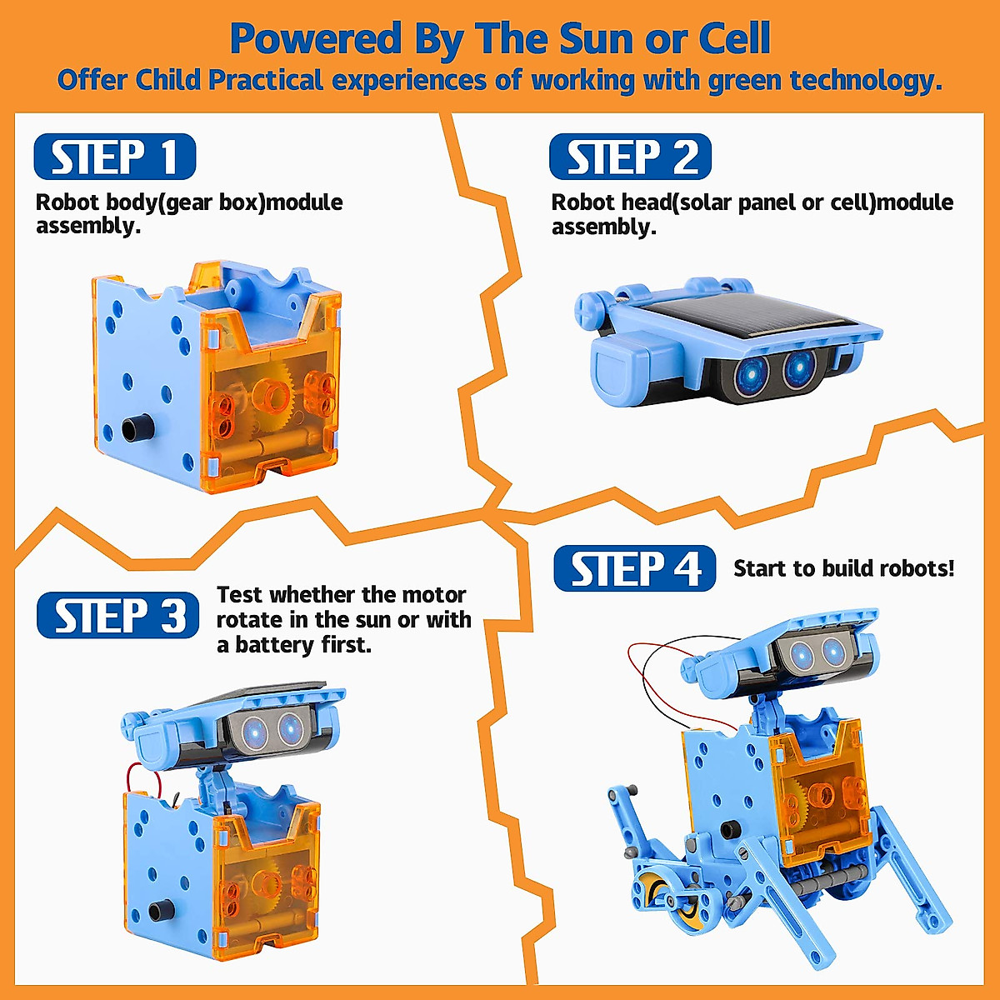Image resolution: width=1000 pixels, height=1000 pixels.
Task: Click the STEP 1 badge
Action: (x=114, y=157)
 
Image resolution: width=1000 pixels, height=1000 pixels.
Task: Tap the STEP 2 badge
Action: (x=630, y=157)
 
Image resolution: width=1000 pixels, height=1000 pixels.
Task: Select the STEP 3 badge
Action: (x=117, y=616)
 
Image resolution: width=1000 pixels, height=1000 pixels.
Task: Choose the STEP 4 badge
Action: (x=634, y=569)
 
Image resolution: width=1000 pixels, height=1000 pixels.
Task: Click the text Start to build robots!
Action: (x=843, y=568)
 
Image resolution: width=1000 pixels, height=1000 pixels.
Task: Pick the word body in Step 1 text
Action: (x=127, y=202)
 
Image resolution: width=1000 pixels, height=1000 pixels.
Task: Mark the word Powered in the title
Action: (x=315, y=39)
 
